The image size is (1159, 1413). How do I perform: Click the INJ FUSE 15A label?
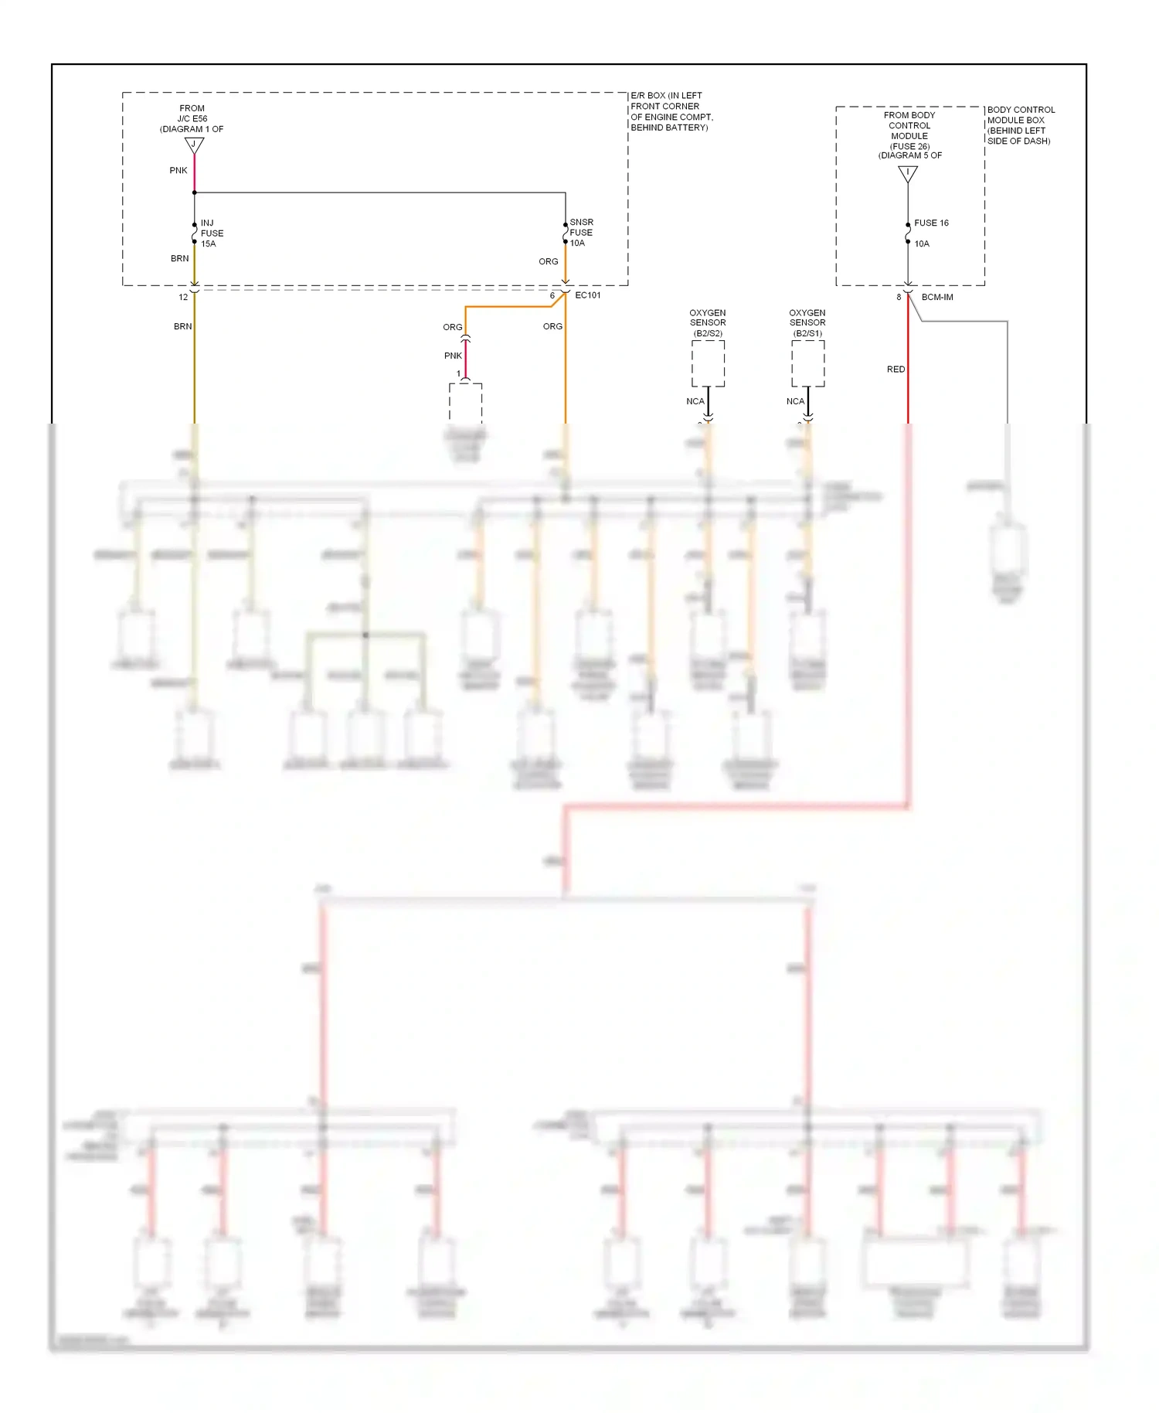212,233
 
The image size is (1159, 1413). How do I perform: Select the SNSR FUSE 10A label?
581,232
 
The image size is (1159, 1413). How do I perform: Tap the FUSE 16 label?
931,223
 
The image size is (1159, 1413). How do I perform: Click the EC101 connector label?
587,295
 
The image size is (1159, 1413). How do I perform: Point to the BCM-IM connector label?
936,297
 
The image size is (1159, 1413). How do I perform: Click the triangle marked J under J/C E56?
194,145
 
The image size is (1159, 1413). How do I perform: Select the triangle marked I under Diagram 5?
908,173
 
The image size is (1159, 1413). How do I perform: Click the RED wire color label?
896,369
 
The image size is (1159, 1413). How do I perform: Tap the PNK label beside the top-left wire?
178,170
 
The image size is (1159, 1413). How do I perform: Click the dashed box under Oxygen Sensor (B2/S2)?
708,363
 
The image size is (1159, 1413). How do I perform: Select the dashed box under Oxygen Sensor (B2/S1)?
807,363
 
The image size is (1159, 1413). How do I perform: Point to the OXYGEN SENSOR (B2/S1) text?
807,323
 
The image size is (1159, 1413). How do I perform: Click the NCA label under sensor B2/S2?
695,401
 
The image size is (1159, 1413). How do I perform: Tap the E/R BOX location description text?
671,111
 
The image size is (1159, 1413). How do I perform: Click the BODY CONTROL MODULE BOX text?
1020,125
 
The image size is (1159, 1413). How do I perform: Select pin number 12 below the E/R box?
183,297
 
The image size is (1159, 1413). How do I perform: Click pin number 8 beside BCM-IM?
899,297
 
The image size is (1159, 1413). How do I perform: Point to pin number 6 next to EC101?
552,295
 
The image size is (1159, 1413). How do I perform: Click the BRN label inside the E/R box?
179,258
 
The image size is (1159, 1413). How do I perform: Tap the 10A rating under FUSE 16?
922,243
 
